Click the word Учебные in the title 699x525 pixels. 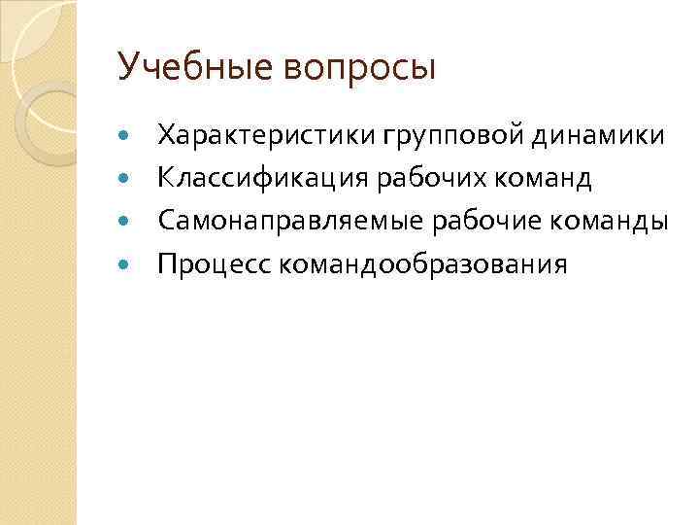tap(179, 67)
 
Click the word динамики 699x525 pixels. tap(599, 135)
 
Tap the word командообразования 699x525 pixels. tap(424, 264)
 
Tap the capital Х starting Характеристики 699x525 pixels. tap(167, 135)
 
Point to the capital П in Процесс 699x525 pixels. tap(169, 264)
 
